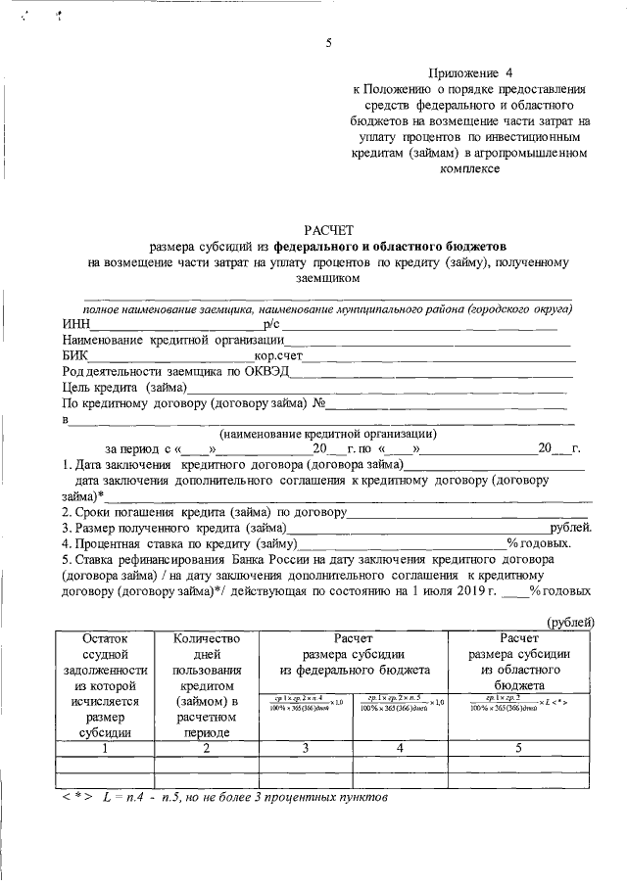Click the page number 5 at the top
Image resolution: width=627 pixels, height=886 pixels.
[329, 42]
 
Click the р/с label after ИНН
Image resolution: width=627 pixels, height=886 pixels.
[272, 324]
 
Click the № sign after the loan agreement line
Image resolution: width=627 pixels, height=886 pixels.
[317, 402]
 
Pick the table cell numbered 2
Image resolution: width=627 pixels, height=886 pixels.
[206, 748]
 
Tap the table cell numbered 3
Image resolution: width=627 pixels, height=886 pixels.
[306, 748]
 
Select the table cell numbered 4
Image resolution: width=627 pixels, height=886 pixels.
[401, 748]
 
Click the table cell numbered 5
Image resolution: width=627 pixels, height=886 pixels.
[520, 748]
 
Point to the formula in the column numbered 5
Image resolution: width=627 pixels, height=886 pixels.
[520, 703]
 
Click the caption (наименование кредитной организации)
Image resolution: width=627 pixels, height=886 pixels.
[328, 434]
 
